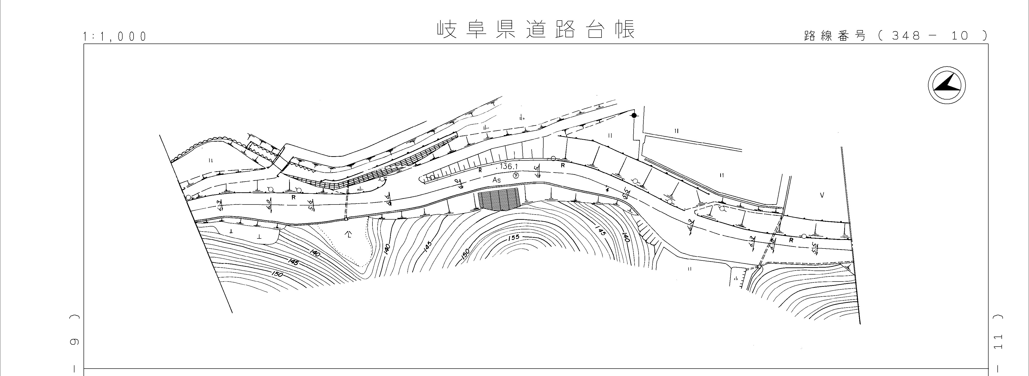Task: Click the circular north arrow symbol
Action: coord(946,86)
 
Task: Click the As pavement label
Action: coord(496,180)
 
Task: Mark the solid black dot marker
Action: coord(634,115)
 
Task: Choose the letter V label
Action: coord(822,195)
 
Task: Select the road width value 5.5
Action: coord(815,248)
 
